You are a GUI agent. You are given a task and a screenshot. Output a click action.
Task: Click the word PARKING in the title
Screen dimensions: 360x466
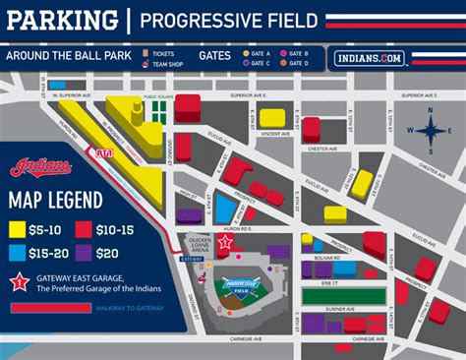tap(58, 20)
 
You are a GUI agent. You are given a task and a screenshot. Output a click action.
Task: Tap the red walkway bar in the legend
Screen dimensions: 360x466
tap(49, 308)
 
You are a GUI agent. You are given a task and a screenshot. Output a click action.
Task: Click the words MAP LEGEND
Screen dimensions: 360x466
tap(55, 201)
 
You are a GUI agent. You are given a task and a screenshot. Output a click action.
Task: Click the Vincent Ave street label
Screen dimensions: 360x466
tap(261, 134)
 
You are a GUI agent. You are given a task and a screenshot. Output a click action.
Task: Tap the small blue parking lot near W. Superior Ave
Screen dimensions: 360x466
tap(60, 86)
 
